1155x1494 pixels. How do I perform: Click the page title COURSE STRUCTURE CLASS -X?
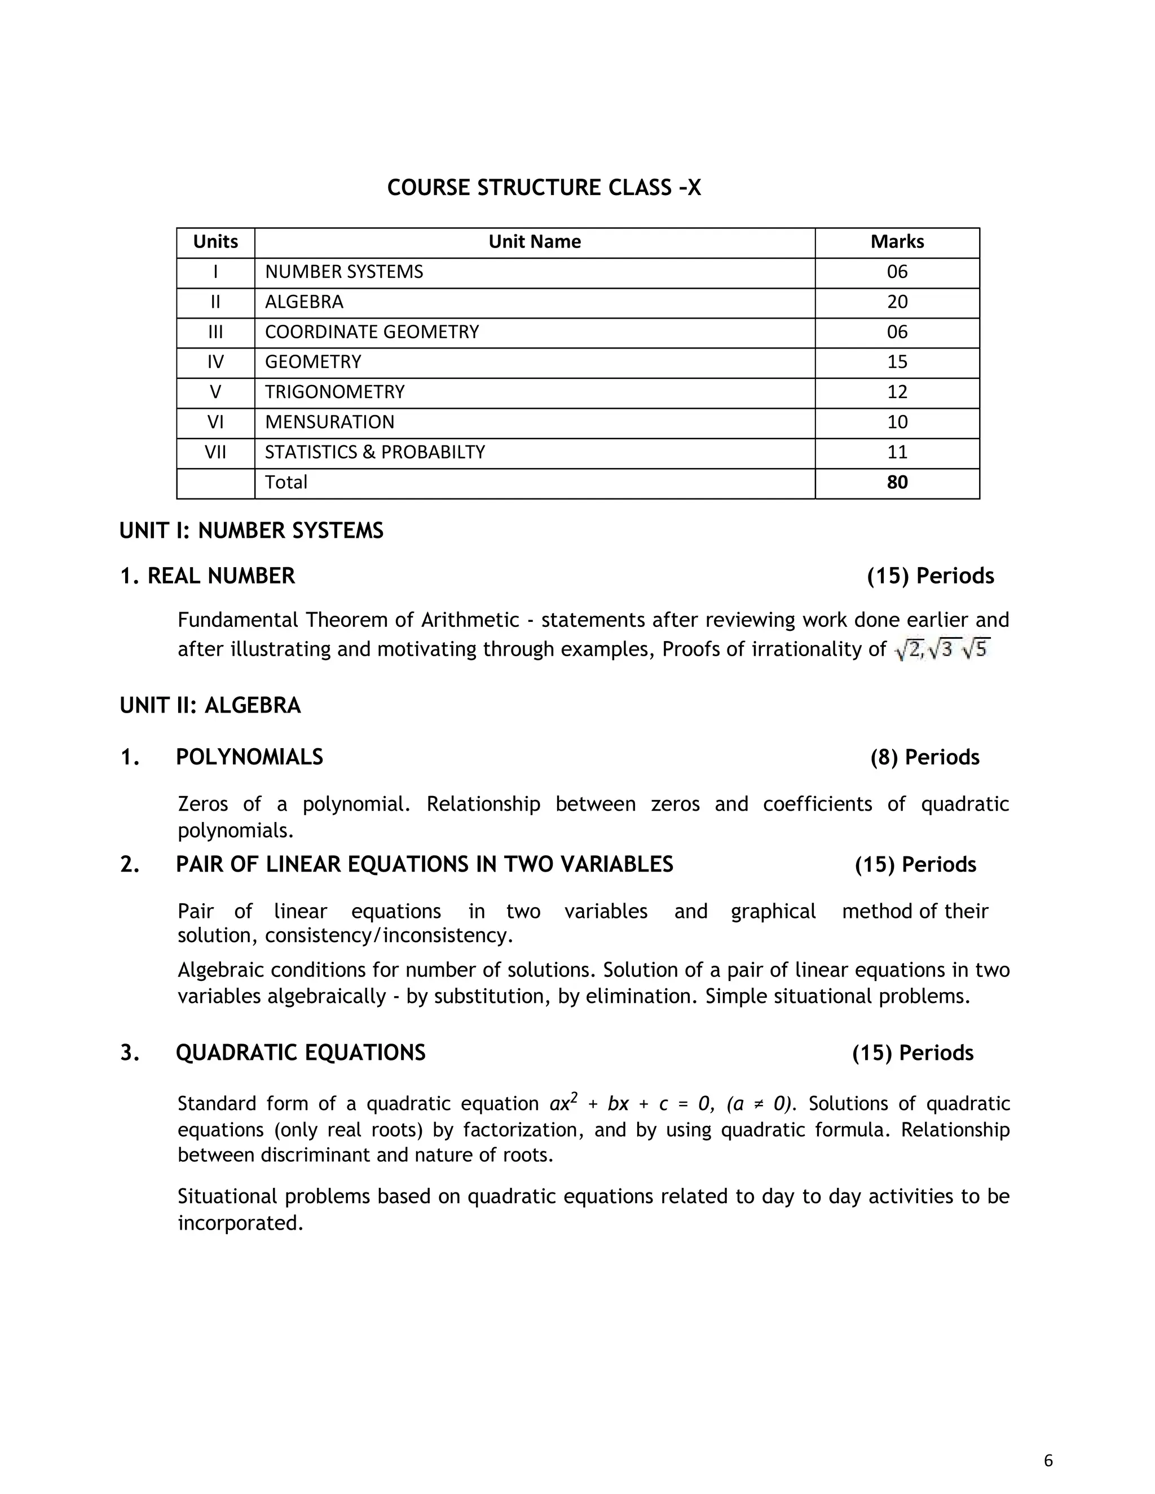tap(544, 187)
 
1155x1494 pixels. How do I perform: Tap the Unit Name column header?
tap(535, 241)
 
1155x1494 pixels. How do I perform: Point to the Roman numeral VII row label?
tap(215, 452)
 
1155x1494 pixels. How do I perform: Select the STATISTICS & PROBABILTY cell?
tap(375, 452)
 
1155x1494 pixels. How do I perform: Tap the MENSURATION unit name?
tap(330, 422)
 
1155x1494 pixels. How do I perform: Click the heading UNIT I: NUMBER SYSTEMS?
tap(251, 531)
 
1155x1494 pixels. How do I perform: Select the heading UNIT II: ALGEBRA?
tap(210, 705)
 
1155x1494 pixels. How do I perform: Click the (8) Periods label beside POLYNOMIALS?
tap(924, 757)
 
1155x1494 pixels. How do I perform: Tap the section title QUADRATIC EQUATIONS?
tap(301, 1053)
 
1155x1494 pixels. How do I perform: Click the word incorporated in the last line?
tap(240, 1223)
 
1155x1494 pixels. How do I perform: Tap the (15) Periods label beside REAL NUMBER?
tap(930, 576)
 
